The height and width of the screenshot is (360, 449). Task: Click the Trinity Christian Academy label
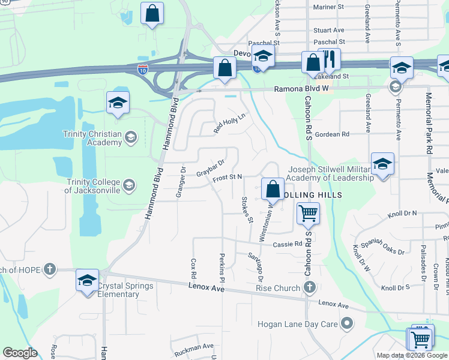coord(93,138)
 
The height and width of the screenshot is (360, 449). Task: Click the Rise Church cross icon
coord(309,288)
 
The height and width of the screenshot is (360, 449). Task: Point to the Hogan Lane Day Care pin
coord(347,325)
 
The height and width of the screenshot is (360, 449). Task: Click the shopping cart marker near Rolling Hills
coord(308,214)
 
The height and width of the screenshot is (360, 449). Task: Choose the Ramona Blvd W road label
coord(303,89)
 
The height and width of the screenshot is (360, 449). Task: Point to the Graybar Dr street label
coord(210,167)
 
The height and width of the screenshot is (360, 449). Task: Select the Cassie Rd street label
coord(289,244)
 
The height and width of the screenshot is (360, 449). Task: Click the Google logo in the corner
coord(20,353)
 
